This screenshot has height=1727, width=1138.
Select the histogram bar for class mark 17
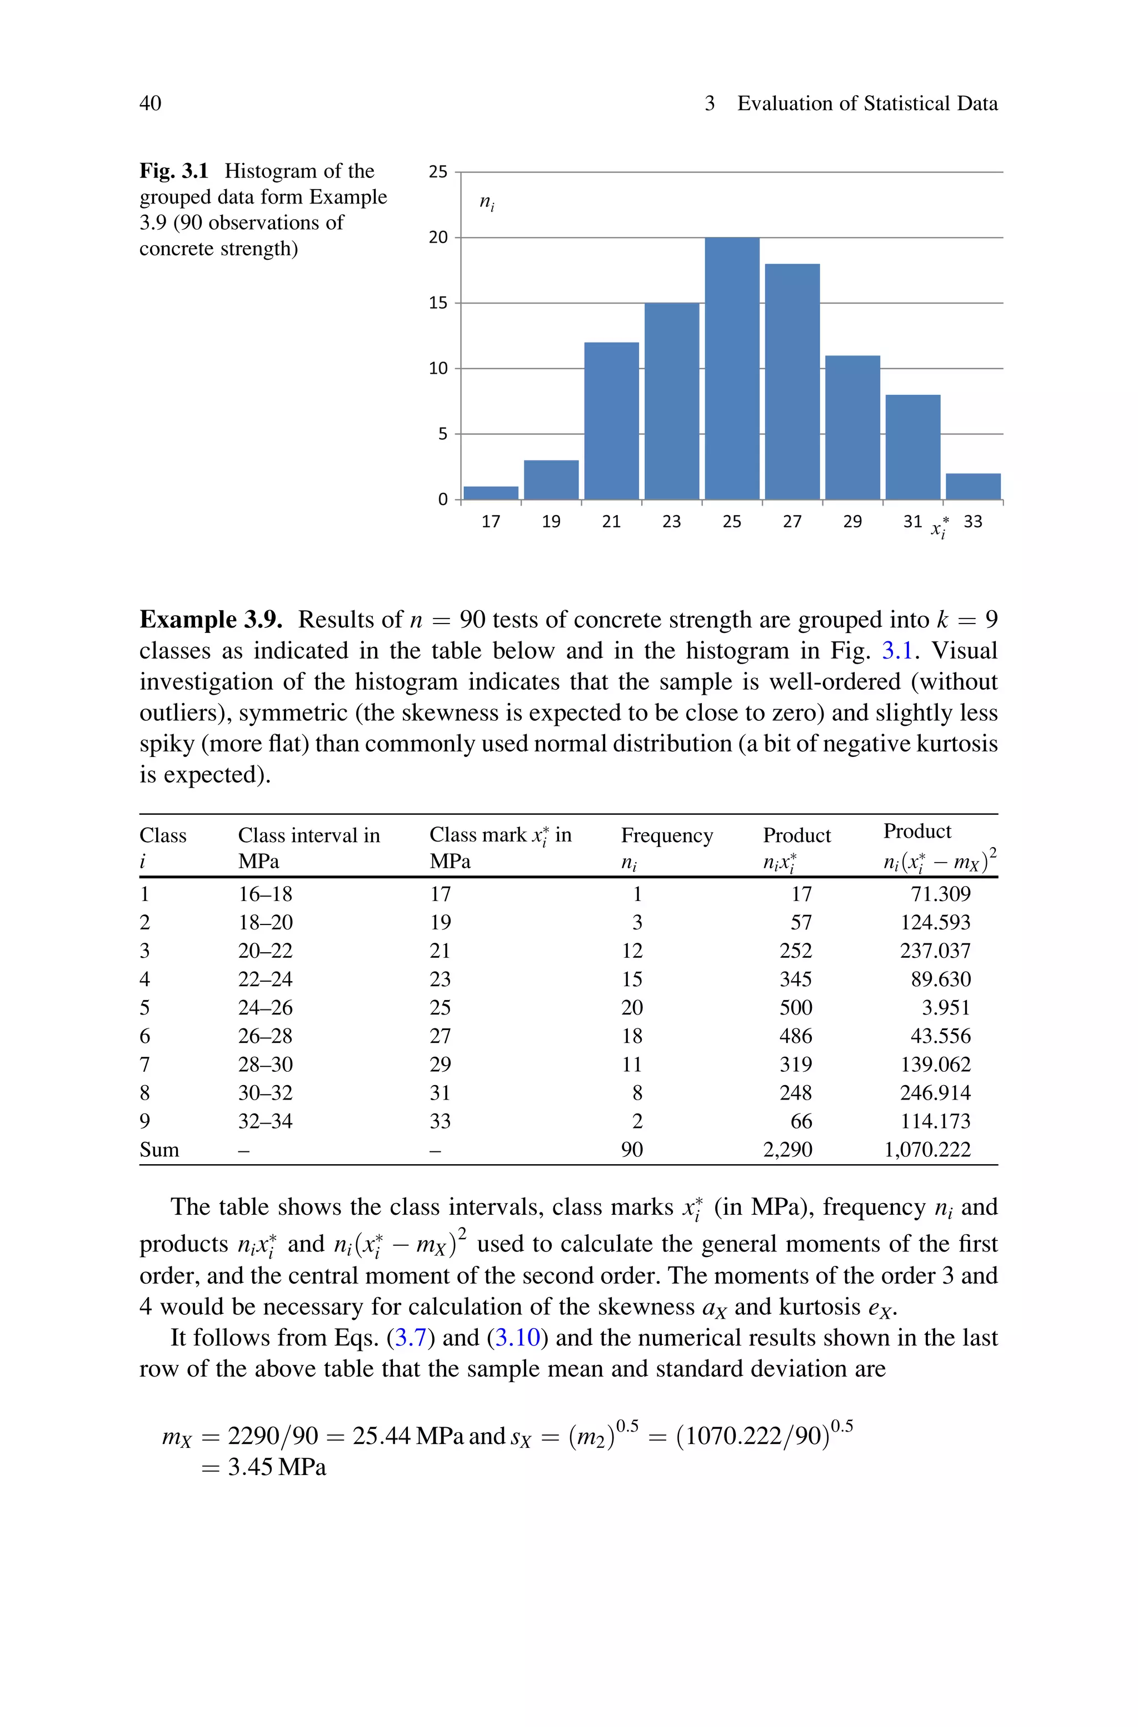(x=491, y=493)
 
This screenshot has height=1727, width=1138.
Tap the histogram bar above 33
(x=972, y=487)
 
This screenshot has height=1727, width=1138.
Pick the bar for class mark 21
(x=611, y=420)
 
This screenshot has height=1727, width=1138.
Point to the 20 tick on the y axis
(x=438, y=237)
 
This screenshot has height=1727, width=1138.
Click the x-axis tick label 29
(x=852, y=522)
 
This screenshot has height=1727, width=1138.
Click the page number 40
(x=150, y=103)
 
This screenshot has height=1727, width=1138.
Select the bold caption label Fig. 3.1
(x=174, y=171)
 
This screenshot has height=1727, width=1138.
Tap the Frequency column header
(x=666, y=836)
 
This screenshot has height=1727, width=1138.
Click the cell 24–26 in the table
(x=266, y=1008)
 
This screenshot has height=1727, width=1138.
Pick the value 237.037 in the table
(x=935, y=951)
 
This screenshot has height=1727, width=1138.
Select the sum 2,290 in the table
(x=787, y=1150)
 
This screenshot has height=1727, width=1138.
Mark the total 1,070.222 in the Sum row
(x=927, y=1150)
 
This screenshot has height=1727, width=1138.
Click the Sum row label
(x=159, y=1150)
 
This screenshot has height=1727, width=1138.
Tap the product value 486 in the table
(x=796, y=1036)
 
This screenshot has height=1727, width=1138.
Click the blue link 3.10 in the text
(x=517, y=1338)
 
